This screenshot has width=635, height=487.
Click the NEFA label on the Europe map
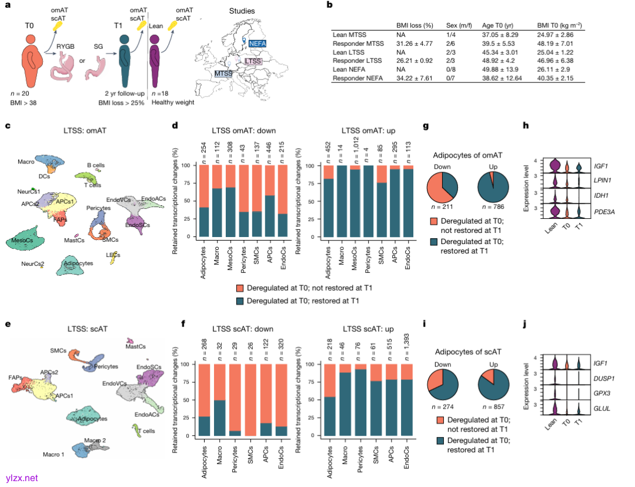(x=257, y=43)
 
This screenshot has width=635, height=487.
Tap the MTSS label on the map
(x=223, y=74)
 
